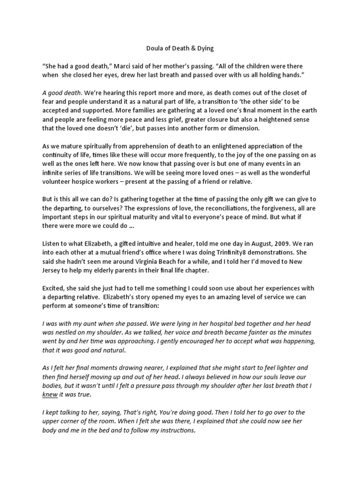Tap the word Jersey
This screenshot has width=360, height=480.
[x=52, y=271]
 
